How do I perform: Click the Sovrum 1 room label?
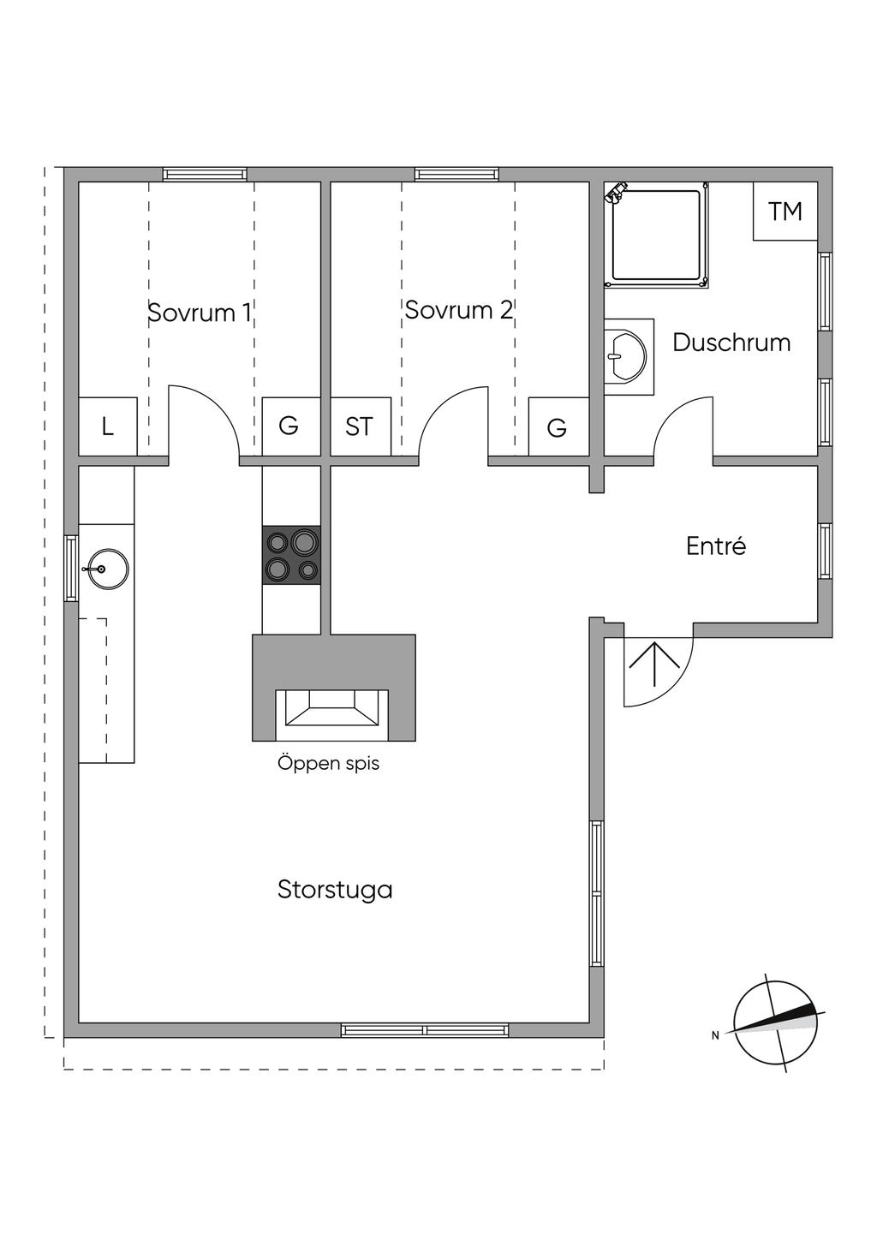[200, 313]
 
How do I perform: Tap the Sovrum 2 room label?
[458, 310]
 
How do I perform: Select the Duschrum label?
[731, 343]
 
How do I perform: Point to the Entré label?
[716, 546]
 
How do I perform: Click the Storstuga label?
[335, 890]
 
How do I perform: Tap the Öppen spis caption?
[328, 763]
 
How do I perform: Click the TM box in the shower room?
[785, 212]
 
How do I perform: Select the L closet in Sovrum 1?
[108, 426]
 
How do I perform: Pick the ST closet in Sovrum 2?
[360, 426]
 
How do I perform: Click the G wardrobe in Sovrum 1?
[289, 426]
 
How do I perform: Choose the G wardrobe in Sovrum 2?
[558, 427]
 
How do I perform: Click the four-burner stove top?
[291, 555]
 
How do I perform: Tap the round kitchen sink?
[107, 569]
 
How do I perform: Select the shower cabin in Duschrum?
[656, 235]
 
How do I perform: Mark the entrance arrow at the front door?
[654, 665]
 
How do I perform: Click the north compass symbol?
[776, 1023]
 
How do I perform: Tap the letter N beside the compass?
[715, 1035]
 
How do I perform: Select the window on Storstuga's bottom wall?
[425, 1029]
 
